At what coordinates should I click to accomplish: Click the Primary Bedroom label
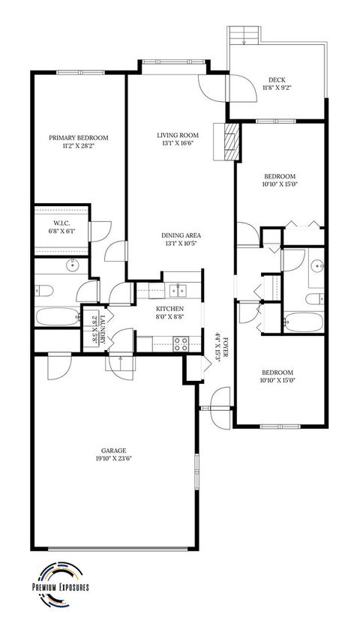(x=79, y=137)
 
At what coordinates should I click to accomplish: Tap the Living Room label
(x=176, y=136)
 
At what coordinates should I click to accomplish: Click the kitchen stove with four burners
(x=181, y=344)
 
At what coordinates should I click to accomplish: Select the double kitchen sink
(x=178, y=288)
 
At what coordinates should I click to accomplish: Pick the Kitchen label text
(x=170, y=309)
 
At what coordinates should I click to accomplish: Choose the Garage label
(x=114, y=450)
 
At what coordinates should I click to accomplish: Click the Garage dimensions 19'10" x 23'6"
(x=114, y=459)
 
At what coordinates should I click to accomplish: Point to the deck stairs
(x=245, y=34)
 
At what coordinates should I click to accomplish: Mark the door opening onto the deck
(x=239, y=88)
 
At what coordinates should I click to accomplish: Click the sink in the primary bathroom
(x=73, y=265)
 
